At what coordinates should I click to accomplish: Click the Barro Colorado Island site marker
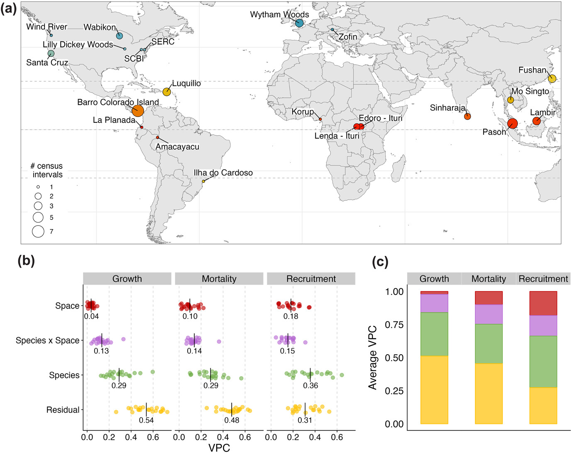click(138, 111)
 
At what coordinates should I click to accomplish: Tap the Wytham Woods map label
click(279, 15)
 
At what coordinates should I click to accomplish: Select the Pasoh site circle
click(512, 123)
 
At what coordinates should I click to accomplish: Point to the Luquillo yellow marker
click(166, 92)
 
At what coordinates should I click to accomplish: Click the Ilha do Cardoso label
click(223, 173)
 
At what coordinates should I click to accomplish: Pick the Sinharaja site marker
click(467, 116)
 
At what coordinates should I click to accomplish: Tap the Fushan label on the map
click(532, 70)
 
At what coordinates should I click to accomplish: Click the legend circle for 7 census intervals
click(38, 231)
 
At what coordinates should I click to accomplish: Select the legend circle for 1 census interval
click(38, 187)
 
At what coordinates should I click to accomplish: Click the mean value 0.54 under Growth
click(146, 420)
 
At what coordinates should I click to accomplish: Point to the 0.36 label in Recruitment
click(310, 385)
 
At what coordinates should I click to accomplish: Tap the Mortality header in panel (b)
click(219, 279)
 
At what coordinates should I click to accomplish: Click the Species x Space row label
click(47, 341)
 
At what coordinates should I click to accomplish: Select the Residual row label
click(63, 410)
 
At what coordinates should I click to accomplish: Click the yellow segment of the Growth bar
click(434, 390)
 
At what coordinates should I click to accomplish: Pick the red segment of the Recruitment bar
click(543, 303)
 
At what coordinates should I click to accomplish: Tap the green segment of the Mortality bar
click(489, 343)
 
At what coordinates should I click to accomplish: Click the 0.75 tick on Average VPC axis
click(394, 324)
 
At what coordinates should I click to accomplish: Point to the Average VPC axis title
click(373, 358)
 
